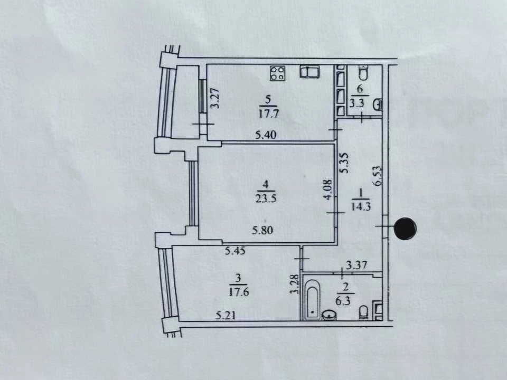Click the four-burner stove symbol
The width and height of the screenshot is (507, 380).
278,73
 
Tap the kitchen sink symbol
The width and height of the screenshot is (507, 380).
309,71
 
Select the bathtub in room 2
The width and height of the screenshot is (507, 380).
312,300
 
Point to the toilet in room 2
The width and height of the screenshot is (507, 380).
363,312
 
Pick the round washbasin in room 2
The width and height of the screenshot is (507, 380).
329,315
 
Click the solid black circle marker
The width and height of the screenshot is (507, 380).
406,229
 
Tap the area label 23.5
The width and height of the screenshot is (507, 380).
266,198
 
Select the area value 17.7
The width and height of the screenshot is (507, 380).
268,114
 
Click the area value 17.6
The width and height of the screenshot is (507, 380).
239,292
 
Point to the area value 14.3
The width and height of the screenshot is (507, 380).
361,206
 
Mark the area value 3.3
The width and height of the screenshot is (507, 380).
357,103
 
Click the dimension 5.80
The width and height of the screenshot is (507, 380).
262,230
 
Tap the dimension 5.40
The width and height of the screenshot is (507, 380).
266,135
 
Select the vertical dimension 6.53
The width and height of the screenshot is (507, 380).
377,176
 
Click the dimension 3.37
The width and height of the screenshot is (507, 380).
356,265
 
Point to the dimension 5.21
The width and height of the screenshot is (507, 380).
226,315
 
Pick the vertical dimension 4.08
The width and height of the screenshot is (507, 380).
328,189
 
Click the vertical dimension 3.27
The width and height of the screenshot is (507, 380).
215,98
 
